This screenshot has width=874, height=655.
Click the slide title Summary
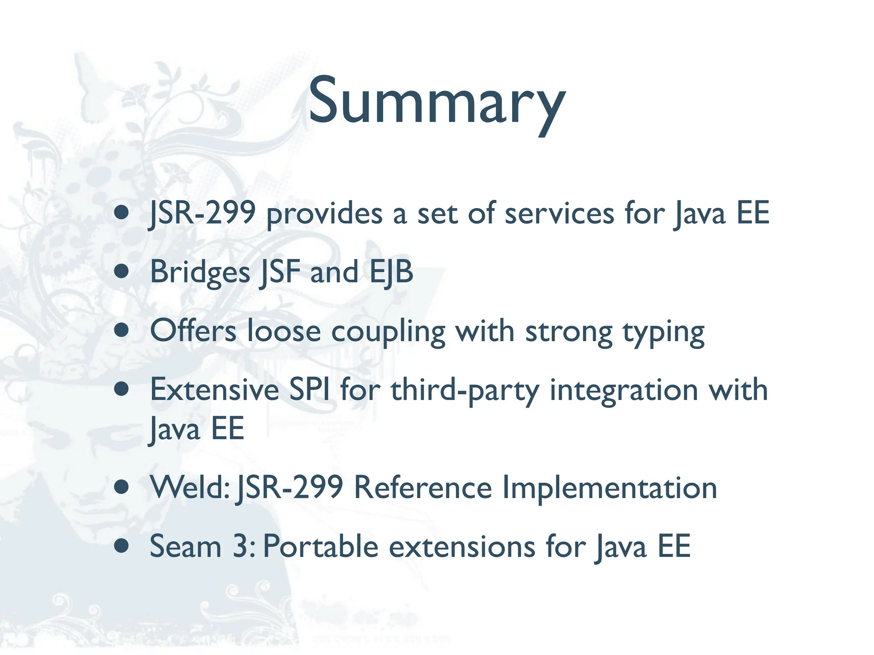[x=437, y=102]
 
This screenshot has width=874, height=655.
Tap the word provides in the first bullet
[x=324, y=214]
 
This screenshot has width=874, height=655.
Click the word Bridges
[x=200, y=272]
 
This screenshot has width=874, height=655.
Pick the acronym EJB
[x=391, y=272]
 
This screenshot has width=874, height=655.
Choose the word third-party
[x=465, y=391]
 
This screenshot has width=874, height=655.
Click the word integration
[x=623, y=391]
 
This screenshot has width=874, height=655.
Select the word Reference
[x=423, y=487]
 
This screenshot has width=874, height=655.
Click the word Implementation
[x=609, y=488]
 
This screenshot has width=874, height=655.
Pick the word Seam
[x=185, y=546]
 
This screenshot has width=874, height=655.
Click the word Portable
[x=320, y=546]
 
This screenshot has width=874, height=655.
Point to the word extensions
[x=462, y=546]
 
